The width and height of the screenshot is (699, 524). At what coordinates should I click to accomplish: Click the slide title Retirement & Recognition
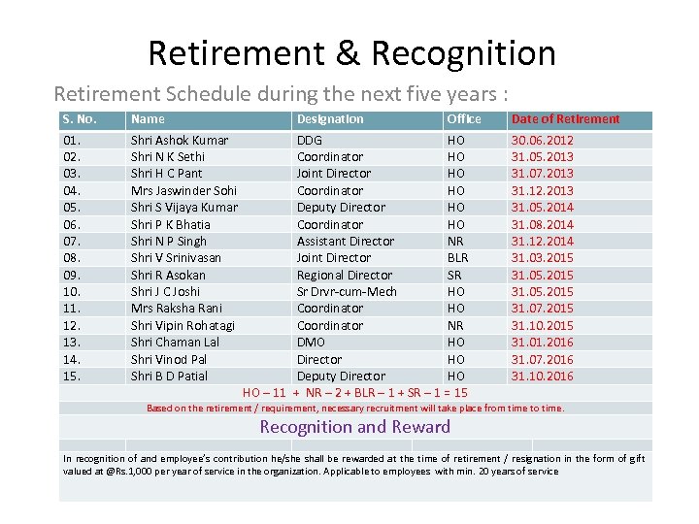pos(351,53)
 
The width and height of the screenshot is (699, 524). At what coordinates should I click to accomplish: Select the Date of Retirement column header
pos(565,119)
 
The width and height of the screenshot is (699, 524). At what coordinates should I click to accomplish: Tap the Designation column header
pos(330,119)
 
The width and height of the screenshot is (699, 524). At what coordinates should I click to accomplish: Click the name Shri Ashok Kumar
pos(180,140)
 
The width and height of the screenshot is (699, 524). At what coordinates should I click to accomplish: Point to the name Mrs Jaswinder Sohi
pos(183,190)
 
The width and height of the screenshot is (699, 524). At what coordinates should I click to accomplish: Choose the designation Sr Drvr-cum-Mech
pos(347,291)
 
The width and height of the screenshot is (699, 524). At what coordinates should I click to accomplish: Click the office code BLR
pos(457,257)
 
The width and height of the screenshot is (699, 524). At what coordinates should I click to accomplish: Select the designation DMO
pos(313,342)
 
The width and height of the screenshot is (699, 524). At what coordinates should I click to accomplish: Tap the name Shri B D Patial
pos(169,376)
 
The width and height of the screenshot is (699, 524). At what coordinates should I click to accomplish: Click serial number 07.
pos(71,241)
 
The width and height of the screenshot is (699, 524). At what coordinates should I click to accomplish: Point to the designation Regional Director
pos(345,275)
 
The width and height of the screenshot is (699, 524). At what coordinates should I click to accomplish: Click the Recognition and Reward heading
pos(355,427)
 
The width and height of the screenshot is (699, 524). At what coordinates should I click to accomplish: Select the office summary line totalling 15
pos(354,392)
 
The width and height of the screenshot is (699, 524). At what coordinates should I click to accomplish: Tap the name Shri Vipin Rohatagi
pos(183,325)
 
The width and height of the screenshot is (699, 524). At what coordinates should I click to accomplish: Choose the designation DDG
pos(310,140)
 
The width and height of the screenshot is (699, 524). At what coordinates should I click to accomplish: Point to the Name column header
pos(148,119)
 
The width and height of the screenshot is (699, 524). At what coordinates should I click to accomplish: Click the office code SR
pos(454,275)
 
